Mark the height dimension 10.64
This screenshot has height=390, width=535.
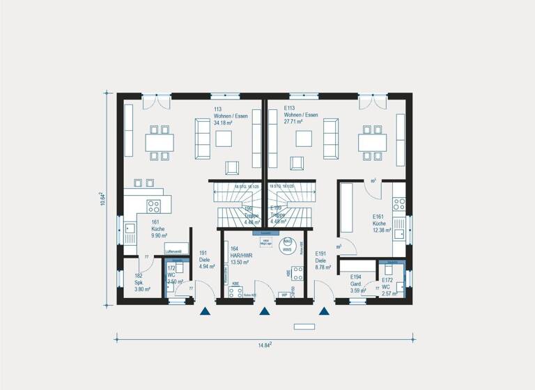(101, 198)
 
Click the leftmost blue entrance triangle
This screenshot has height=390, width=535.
(205, 312)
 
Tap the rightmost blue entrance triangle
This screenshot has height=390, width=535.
(323, 312)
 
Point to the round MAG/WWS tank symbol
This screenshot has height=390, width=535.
(288, 244)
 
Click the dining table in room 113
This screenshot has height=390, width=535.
(160, 142)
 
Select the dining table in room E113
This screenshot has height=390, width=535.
(371, 142)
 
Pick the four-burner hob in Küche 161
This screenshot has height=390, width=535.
(153, 205)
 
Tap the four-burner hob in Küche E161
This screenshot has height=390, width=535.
(399, 204)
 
